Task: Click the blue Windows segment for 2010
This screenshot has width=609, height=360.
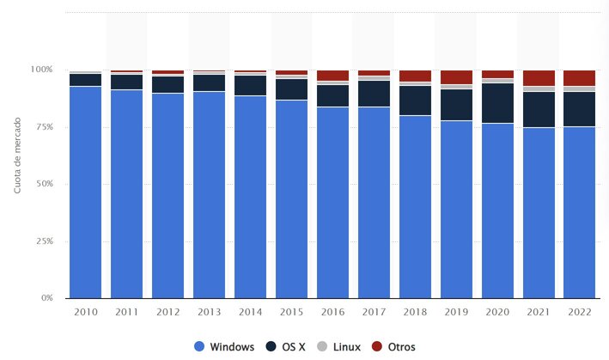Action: click(85, 192)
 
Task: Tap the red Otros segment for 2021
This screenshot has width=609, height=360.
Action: click(539, 77)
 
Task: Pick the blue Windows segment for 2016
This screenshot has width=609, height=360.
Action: click(332, 202)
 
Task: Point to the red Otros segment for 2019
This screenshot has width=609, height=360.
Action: click(456, 76)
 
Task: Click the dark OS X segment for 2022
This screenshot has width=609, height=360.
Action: click(580, 109)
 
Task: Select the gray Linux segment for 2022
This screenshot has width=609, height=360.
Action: click(580, 88)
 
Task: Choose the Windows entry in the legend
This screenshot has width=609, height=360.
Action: click(224, 346)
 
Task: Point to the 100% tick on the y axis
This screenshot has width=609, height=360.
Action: click(42, 69)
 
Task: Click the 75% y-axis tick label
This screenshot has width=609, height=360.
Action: click(44, 126)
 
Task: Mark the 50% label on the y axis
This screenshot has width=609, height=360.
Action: click(44, 184)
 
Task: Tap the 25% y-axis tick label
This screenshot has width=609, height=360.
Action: click(44, 241)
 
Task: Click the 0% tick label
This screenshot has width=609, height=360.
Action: click(46, 298)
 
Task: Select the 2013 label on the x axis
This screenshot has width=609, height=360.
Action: click(209, 314)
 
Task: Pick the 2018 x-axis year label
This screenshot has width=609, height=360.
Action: click(415, 314)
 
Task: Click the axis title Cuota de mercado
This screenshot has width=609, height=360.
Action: click(17, 156)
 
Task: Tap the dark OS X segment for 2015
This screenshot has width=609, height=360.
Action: click(291, 89)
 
